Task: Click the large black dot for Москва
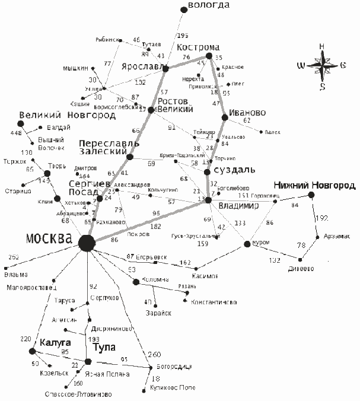click(87, 242)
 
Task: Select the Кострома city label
click(199, 47)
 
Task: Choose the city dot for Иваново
click(225, 118)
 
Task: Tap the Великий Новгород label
click(66, 115)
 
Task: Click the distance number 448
click(16, 133)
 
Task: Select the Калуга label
click(56, 343)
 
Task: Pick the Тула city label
click(104, 348)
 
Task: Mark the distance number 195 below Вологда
click(183, 36)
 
